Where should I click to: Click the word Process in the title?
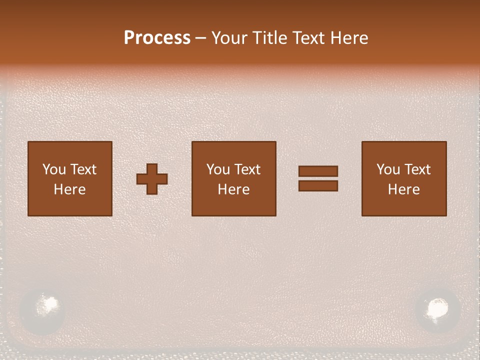coord(157,38)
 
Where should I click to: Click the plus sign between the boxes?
coord(152,179)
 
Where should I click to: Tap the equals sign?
coord(318,178)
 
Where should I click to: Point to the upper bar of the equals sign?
coord(318,171)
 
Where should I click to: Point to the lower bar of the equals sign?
coord(318,186)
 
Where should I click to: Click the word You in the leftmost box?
coord(54,169)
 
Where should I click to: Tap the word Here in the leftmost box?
coord(70,189)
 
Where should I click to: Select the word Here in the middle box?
coord(234,189)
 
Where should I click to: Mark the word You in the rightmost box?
coord(388,169)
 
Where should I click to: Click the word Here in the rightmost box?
coord(404,189)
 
